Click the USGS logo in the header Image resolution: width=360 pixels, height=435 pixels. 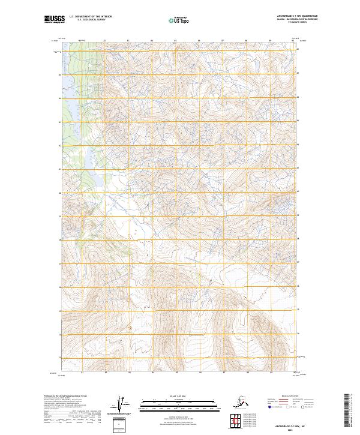tap(53, 20)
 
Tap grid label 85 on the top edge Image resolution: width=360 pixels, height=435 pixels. tap(175, 41)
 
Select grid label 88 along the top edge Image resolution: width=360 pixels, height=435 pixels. tap(246, 41)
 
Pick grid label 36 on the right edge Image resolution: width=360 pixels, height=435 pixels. tap(298, 286)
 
